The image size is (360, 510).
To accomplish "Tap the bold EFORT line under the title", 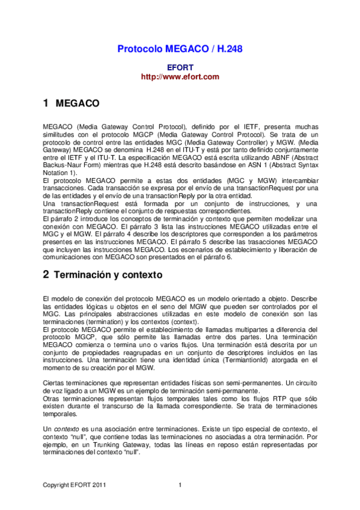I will [x=180, y=67].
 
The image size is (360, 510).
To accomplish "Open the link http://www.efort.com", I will [x=180, y=77].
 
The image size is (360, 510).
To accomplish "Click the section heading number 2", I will [x=46, y=275].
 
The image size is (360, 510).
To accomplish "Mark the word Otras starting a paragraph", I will [x=53, y=399].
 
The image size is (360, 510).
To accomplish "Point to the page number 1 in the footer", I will [x=180, y=486].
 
